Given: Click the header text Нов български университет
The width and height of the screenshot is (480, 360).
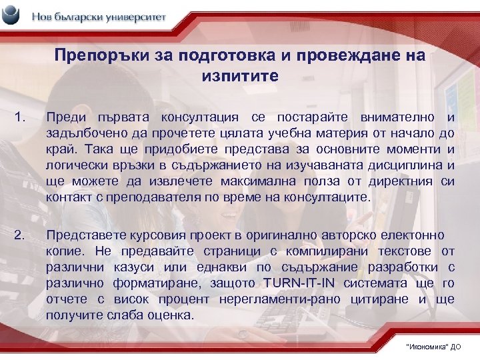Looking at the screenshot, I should (x=98, y=17).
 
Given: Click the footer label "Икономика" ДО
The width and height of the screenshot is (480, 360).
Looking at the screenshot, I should (x=433, y=347).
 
